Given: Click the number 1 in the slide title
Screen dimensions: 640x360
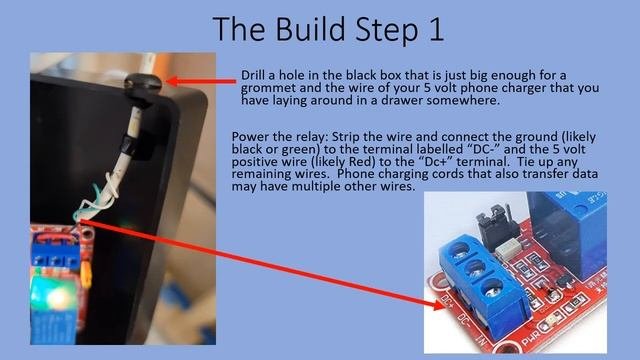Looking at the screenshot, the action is [436, 29].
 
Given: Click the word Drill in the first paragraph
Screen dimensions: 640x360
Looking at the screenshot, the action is [252, 76].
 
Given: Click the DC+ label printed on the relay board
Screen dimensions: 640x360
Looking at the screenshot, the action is [448, 302].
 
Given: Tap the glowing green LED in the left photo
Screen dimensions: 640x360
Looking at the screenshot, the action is [53, 295].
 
